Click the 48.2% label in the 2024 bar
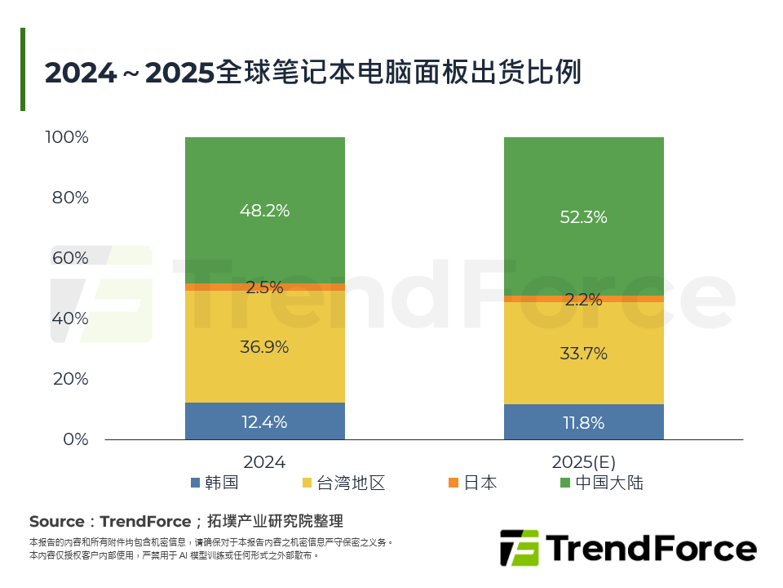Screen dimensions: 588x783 [264, 211]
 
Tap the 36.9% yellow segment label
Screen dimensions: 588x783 [264, 347]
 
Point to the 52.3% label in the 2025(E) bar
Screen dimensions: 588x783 [583, 218]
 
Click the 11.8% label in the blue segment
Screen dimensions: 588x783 [583, 423]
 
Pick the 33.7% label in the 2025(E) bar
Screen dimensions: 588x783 [583, 354]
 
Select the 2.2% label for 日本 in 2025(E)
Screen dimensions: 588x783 [583, 300]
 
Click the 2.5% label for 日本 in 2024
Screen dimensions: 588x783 [264, 287]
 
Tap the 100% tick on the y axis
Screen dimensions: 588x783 [67, 137]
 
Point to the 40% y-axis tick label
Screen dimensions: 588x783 [70, 318]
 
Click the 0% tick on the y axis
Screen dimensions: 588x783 [74, 439]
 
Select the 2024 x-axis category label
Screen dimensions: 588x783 [264, 462]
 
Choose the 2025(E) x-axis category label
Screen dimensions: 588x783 [583, 462]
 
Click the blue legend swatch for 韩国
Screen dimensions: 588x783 [195, 483]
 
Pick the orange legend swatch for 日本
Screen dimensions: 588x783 [453, 483]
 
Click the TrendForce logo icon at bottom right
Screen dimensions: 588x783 [519, 548]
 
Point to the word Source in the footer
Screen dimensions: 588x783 [57, 522]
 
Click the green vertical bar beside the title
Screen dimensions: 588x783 [23, 69]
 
